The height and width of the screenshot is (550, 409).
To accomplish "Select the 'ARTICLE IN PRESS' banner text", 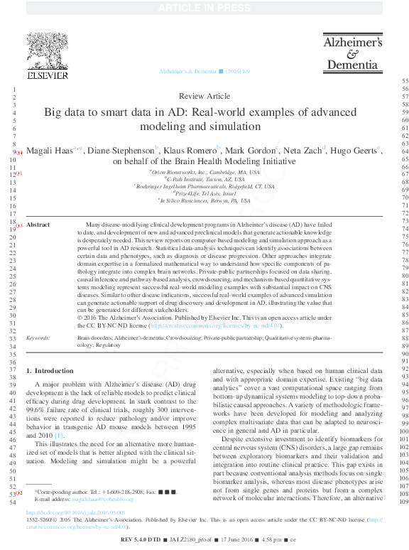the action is point(204,7).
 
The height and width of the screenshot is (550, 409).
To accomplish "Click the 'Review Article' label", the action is point(204,95).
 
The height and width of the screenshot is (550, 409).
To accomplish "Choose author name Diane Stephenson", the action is point(122,151).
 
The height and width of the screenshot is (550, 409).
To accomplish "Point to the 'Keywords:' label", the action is point(37,338).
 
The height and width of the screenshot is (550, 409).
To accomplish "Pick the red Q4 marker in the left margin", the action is point(19,153).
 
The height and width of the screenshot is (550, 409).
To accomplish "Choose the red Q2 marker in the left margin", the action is point(19,492).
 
